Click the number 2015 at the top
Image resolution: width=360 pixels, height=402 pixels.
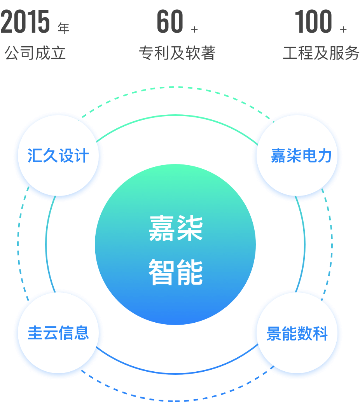tap(25, 22)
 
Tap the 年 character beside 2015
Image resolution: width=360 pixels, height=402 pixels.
tap(63, 28)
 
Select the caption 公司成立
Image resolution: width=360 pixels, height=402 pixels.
tap(35, 53)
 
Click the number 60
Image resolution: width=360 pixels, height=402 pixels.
tap(170, 22)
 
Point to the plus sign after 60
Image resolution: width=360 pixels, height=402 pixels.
tap(195, 29)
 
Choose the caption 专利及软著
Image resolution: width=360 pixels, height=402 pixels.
tap(177, 53)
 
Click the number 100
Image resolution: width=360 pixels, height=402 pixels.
tap(313, 22)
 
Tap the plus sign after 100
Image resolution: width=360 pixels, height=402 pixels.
tap(343, 29)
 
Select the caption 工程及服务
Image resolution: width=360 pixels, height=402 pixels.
tap(321, 53)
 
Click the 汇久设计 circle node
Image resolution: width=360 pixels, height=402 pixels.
tap(58, 156)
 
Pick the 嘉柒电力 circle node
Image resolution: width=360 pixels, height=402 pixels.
tap(298, 156)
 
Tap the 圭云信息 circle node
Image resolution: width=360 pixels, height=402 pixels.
tap(58, 333)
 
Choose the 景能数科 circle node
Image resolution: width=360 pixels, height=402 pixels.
tap(298, 334)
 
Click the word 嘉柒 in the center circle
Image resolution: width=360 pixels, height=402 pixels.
tap(176, 229)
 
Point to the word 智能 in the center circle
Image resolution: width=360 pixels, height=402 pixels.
tap(176, 273)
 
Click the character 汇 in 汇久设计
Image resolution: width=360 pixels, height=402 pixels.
tap(35, 156)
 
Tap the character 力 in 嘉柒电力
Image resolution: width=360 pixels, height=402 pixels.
tap(325, 156)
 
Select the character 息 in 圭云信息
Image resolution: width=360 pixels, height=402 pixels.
tap(82, 333)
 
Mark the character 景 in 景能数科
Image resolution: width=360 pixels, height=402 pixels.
tap(274, 334)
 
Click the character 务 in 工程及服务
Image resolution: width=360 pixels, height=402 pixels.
tap(351, 53)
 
